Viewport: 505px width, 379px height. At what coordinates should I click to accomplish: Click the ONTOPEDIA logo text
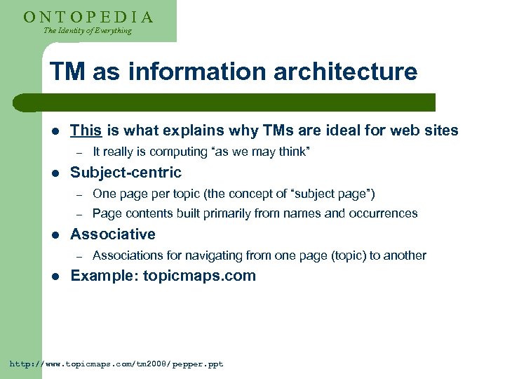coord(88,16)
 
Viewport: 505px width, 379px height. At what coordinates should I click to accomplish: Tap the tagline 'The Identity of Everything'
coord(88,31)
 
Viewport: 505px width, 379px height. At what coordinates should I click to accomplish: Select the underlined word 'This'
coord(86,130)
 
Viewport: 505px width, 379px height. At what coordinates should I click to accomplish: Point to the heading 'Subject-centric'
coord(126,172)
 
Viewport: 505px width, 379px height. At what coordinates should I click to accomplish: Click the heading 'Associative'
coord(113,234)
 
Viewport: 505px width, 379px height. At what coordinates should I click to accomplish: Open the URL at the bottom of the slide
coord(116,364)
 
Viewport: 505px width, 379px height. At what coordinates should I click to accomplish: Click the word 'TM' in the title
coord(65,72)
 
